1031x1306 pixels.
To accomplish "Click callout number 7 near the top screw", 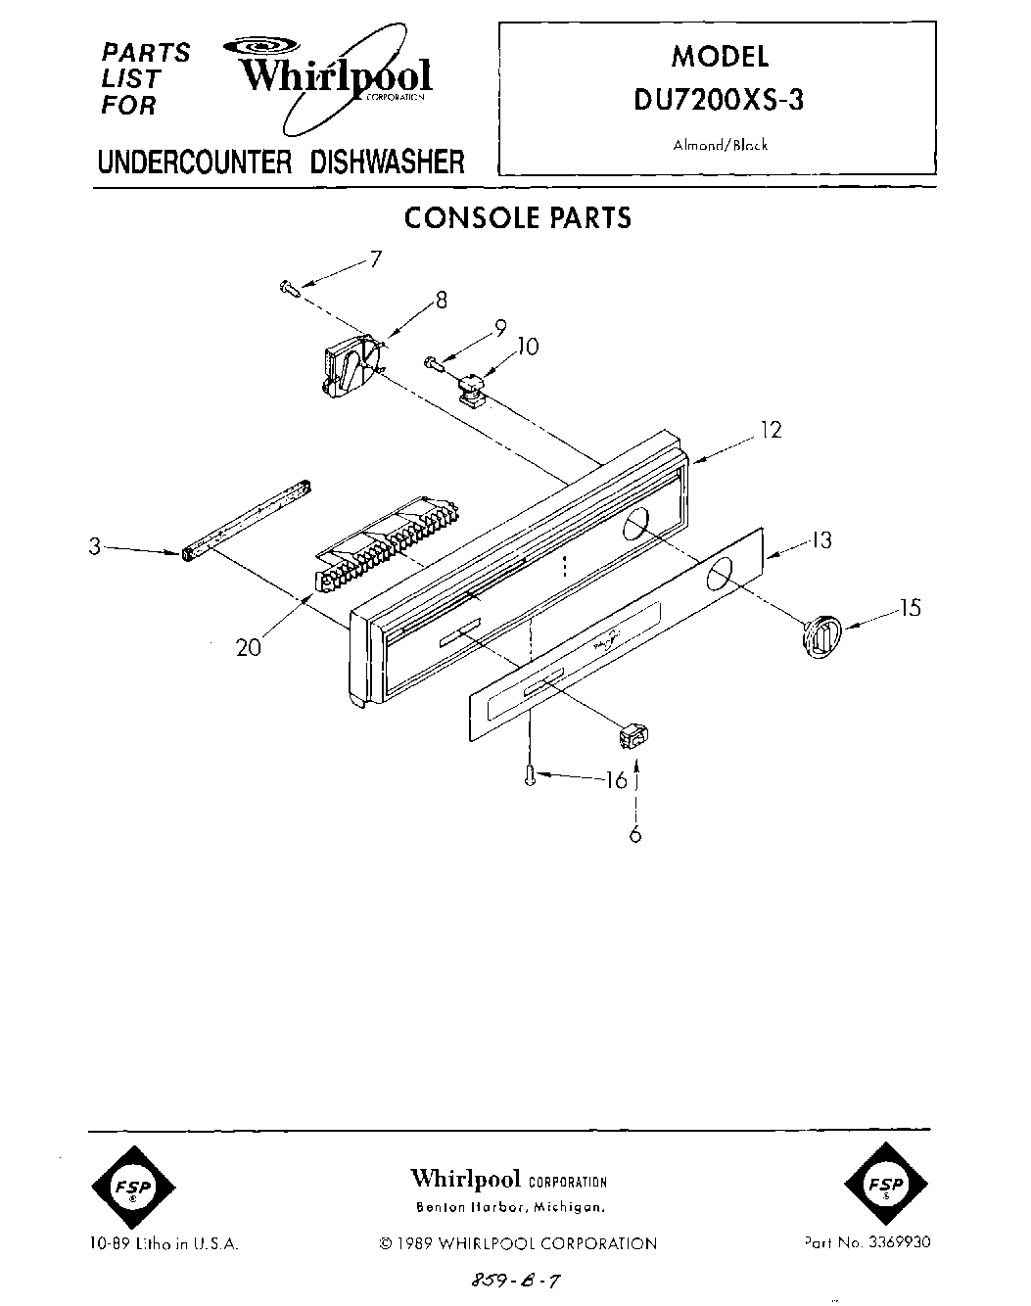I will click(374, 259).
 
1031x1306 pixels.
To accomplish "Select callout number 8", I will click(441, 301).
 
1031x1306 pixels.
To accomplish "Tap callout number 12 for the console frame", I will click(772, 429).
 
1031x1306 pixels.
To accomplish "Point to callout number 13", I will click(820, 540).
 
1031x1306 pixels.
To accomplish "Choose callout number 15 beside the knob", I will click(910, 608).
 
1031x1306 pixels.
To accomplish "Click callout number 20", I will click(249, 647).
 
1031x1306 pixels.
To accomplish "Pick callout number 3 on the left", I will click(95, 547).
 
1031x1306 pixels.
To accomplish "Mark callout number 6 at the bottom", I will click(635, 834).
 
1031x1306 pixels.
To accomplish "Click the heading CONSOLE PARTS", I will click(518, 217).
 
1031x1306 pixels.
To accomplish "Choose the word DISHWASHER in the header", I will click(387, 163).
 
